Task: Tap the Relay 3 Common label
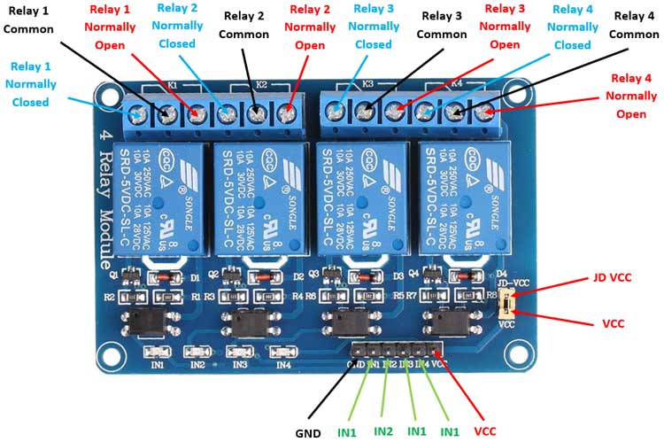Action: point(441,25)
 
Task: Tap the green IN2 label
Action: point(382,430)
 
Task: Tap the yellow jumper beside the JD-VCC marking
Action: point(506,306)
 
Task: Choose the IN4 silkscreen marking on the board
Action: point(282,364)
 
